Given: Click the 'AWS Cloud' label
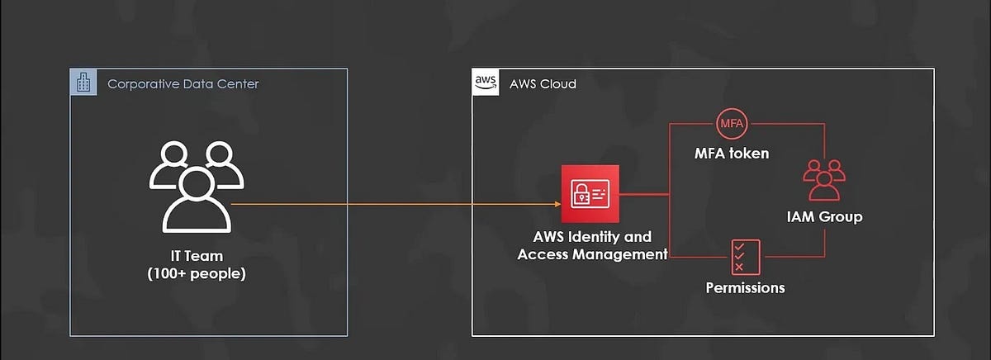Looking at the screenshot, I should click(543, 84).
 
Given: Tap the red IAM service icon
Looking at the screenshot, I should click(590, 194).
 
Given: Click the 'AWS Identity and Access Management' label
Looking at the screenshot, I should click(592, 246).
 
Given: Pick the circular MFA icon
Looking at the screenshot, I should click(732, 124).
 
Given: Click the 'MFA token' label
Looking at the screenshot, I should click(732, 154).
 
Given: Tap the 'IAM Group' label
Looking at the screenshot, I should click(824, 217).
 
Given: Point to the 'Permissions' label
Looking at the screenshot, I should click(745, 288).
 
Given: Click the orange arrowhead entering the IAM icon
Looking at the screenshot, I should click(556, 203).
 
